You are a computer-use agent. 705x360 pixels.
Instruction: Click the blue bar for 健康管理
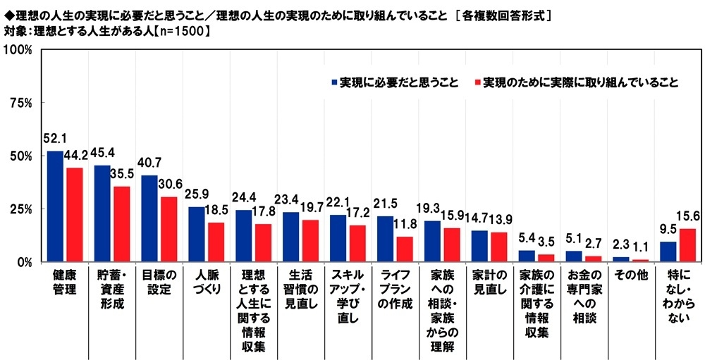55,206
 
